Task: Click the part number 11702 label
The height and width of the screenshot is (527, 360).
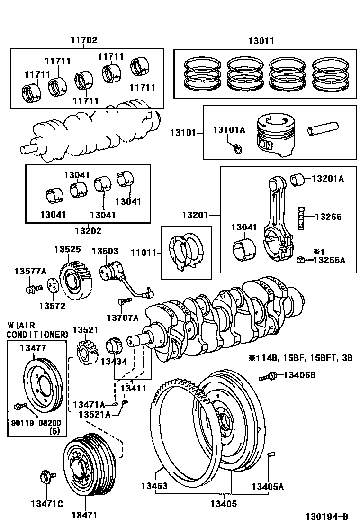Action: tap(84, 41)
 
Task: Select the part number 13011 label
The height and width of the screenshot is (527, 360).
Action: tap(261, 41)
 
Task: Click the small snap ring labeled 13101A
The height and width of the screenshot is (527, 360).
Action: tap(239, 150)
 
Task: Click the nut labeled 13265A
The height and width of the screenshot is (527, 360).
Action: tap(300, 260)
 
